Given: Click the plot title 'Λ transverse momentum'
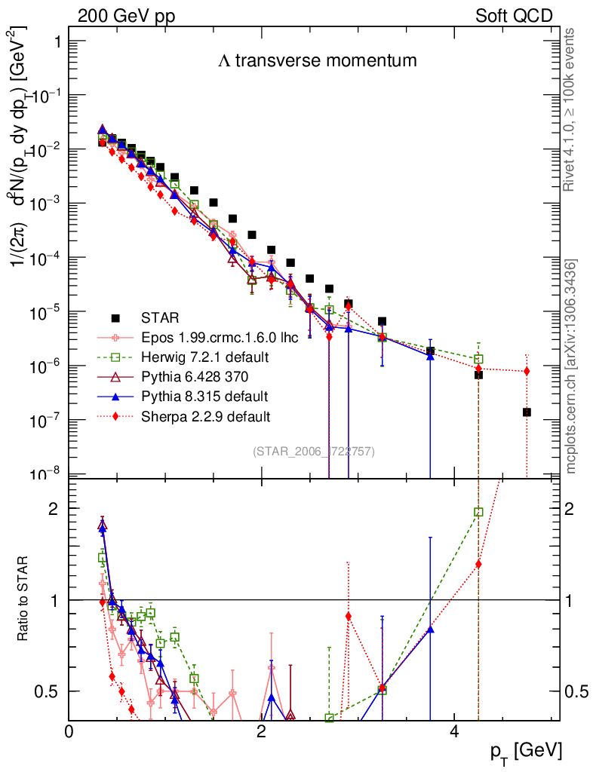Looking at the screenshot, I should [x=317, y=62].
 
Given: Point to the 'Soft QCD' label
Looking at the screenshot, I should [x=514, y=16].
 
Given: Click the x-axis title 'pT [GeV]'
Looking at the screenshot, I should [x=526, y=751].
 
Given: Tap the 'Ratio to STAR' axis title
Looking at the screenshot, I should [x=25, y=600].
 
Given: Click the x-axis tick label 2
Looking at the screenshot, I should [x=261, y=731].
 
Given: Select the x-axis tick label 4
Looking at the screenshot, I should [x=454, y=731].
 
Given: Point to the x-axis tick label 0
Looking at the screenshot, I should [x=69, y=731].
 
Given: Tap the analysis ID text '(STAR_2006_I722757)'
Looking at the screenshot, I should [x=313, y=451].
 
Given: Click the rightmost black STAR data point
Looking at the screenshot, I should [x=527, y=412].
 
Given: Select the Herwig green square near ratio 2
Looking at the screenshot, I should [x=478, y=512].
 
